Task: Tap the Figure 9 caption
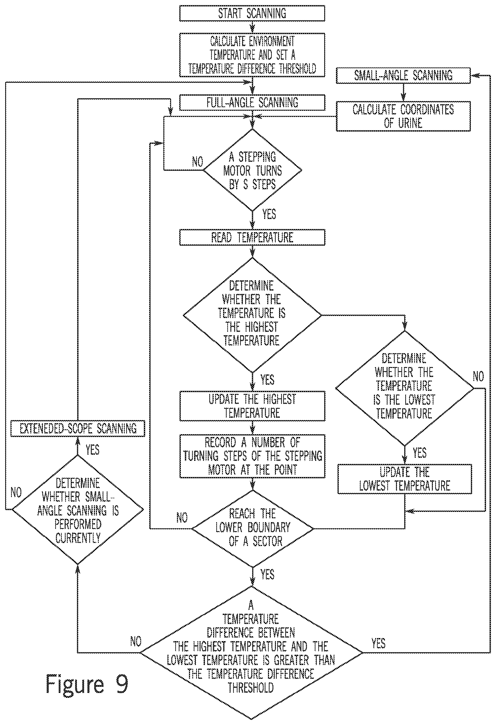(x=87, y=684)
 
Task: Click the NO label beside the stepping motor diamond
(x=197, y=162)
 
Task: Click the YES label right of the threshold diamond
(x=378, y=643)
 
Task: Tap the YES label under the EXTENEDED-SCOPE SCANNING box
(x=93, y=450)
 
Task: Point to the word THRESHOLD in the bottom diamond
(x=251, y=688)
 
